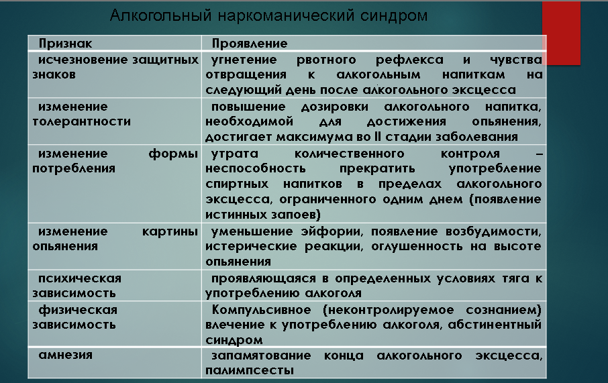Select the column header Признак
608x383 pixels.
(65, 44)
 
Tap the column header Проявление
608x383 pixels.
(250, 44)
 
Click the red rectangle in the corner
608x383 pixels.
(561, 33)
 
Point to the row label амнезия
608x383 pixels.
(65, 355)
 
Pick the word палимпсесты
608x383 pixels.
(250, 371)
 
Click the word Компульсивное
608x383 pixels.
(261, 310)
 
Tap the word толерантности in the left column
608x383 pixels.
(81, 121)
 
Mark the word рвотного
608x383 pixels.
(326, 60)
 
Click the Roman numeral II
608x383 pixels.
(378, 137)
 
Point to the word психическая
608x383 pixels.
(79, 278)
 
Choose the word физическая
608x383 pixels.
(78, 310)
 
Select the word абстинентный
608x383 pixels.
(495, 325)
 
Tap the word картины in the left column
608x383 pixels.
(170, 232)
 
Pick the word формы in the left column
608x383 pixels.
(173, 154)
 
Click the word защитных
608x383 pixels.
(166, 60)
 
